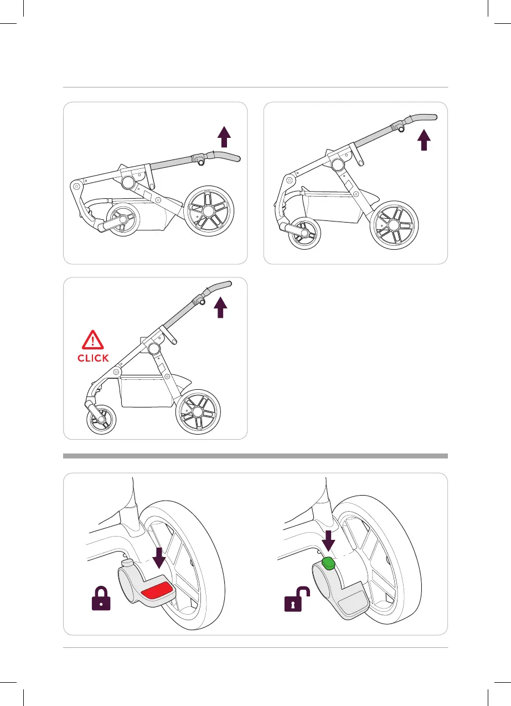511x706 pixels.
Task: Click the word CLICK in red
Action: [x=93, y=358]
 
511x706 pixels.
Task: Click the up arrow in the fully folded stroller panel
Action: [x=223, y=136]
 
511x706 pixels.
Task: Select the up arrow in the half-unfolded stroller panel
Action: [x=424, y=140]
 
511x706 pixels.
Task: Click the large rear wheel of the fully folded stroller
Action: [x=208, y=211]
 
